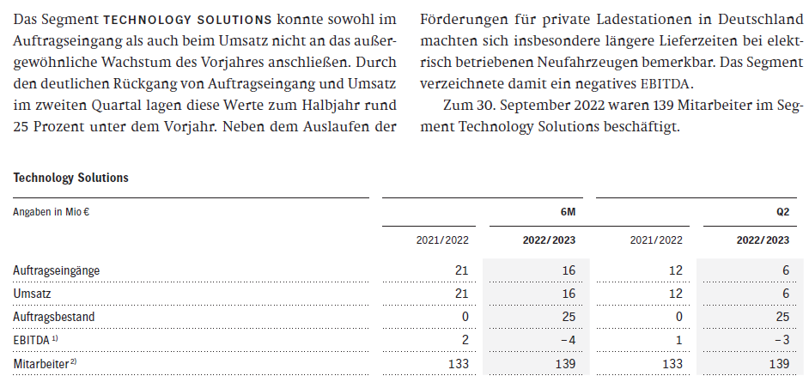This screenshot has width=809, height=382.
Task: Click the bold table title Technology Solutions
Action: (x=71, y=178)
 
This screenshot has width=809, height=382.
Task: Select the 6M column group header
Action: (x=568, y=211)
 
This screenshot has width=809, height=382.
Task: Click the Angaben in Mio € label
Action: (x=52, y=211)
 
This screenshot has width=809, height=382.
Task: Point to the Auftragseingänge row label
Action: (x=56, y=270)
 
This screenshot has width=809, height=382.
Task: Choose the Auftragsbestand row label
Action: (x=53, y=317)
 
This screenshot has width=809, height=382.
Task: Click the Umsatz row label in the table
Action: (x=33, y=294)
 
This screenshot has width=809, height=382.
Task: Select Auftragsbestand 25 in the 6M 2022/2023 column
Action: (x=568, y=317)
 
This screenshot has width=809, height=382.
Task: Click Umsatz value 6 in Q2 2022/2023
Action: (x=784, y=294)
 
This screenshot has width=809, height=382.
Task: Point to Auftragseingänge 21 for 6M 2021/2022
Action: (x=461, y=270)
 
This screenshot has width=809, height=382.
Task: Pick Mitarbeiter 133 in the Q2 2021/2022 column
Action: (x=672, y=363)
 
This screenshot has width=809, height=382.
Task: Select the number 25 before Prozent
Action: (x=23, y=127)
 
